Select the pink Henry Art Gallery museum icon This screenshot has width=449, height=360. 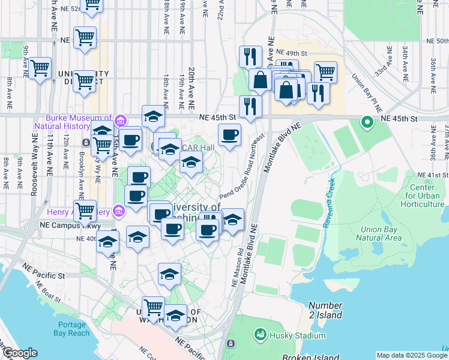pos(119,211)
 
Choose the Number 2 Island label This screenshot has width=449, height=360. pos(325,310)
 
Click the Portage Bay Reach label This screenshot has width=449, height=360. pos(71,328)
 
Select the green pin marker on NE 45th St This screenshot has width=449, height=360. pos(367,123)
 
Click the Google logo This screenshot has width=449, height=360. pos(19,353)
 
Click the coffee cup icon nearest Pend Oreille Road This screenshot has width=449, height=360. pos(229,135)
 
